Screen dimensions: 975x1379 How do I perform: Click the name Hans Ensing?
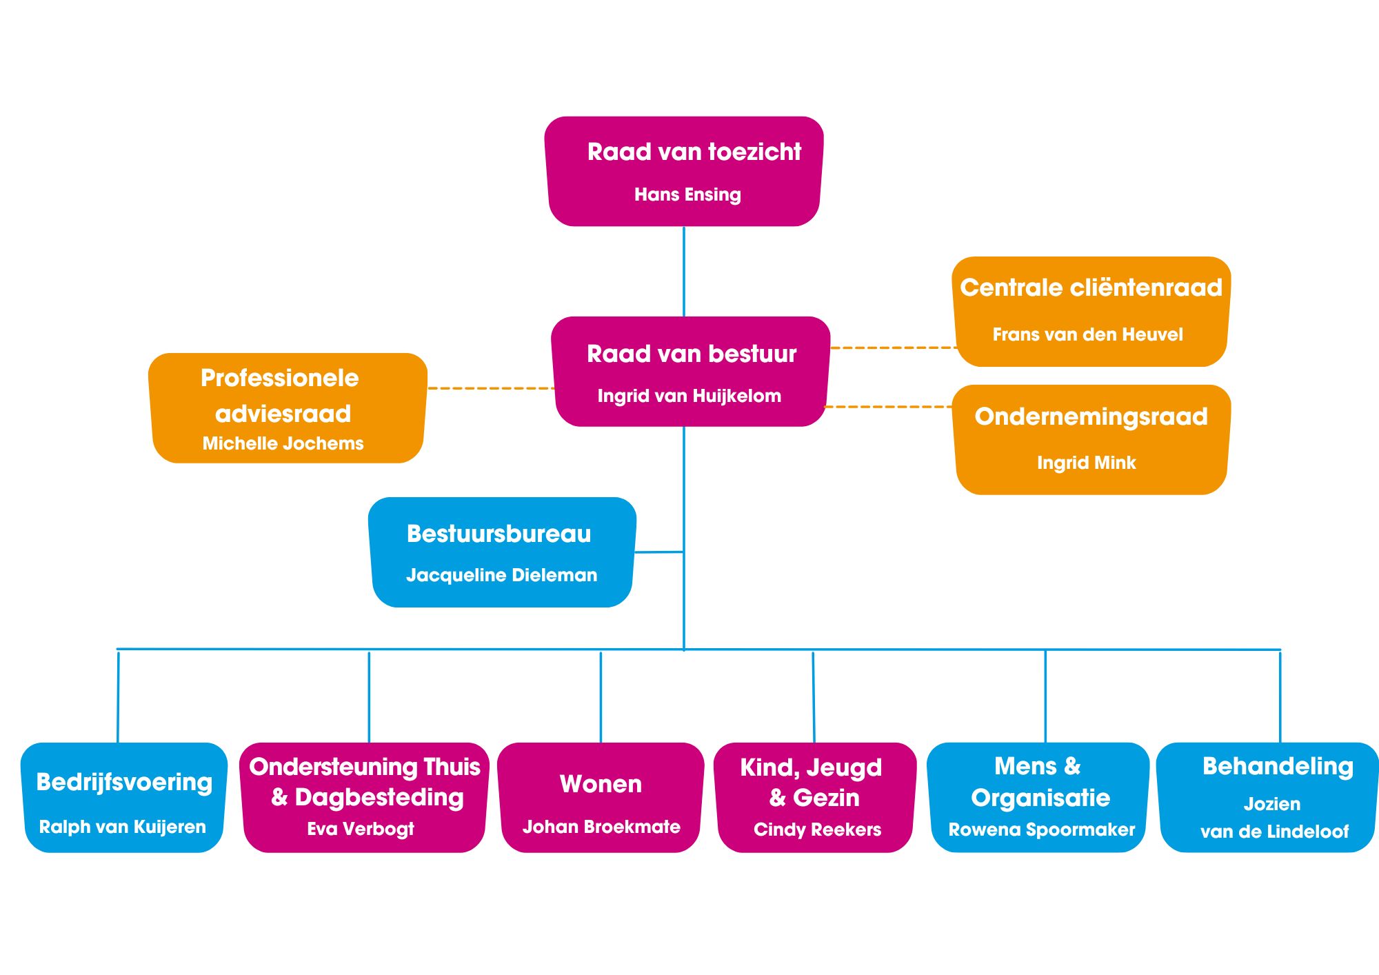(x=687, y=194)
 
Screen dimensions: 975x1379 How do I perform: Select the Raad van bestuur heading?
(x=691, y=354)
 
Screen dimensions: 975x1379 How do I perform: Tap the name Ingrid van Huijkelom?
(x=689, y=396)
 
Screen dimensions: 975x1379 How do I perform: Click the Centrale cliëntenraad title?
(x=1091, y=288)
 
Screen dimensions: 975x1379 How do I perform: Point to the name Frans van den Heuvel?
(x=1087, y=334)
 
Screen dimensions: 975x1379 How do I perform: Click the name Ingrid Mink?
(x=1086, y=463)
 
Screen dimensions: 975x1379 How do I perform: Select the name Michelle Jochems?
(x=283, y=443)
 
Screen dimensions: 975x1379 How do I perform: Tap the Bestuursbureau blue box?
(x=501, y=552)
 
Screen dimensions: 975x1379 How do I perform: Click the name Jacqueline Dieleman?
(x=501, y=575)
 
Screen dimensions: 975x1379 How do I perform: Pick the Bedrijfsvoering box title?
(x=124, y=782)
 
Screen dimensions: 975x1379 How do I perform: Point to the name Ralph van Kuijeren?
(x=123, y=827)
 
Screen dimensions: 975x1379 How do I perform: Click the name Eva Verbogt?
(x=361, y=829)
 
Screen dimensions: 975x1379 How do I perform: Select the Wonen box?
(x=601, y=796)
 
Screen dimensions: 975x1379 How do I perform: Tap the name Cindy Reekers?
(x=817, y=830)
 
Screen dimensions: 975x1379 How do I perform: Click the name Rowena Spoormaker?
(x=1041, y=830)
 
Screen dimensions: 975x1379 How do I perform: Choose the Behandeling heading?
(x=1278, y=766)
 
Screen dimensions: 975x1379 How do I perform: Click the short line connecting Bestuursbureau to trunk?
(x=658, y=552)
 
